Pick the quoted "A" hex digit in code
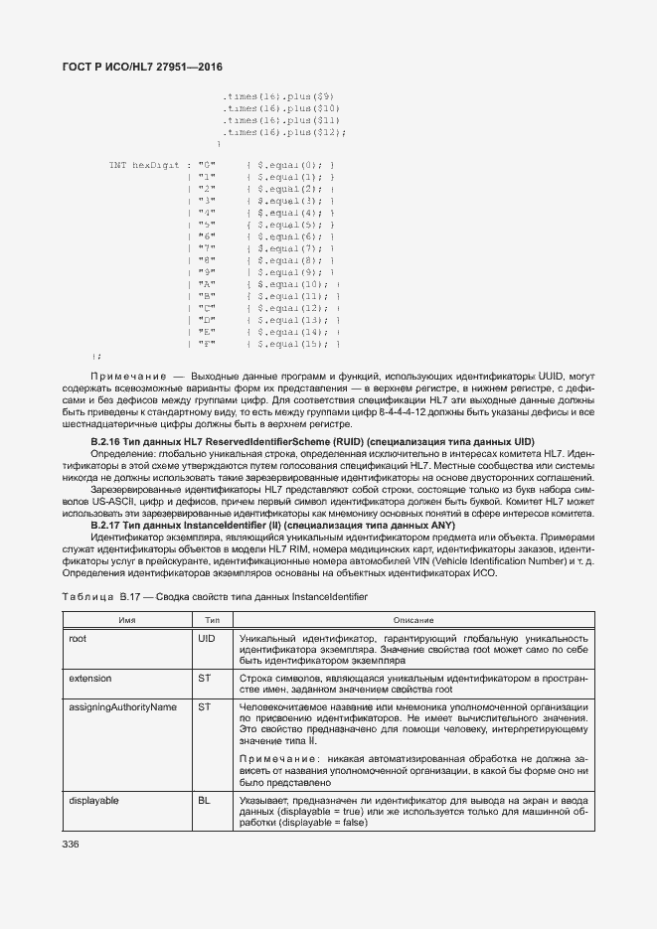pos(207,284)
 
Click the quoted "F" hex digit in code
pos(207,344)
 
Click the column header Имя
pos(127,620)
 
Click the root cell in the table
pos(79,638)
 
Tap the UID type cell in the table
pos(208,638)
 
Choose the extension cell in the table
pos(90,679)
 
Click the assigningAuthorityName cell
pos(122,707)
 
